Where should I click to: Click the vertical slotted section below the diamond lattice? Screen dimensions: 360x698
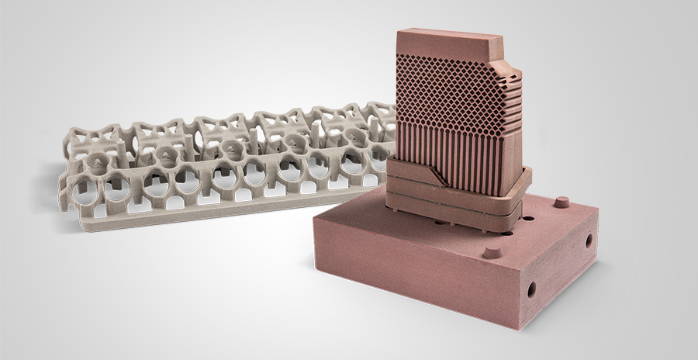442,147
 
